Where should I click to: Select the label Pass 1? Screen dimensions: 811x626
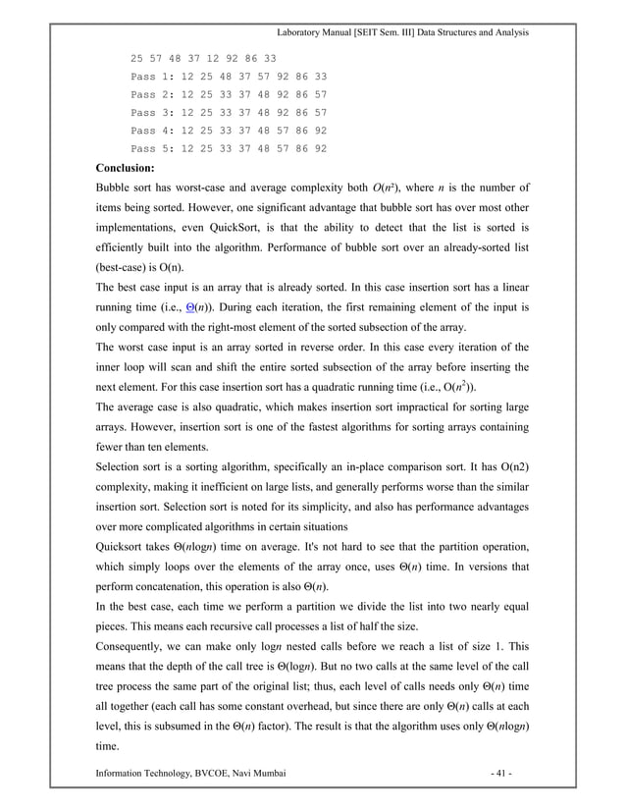click(x=152, y=76)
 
